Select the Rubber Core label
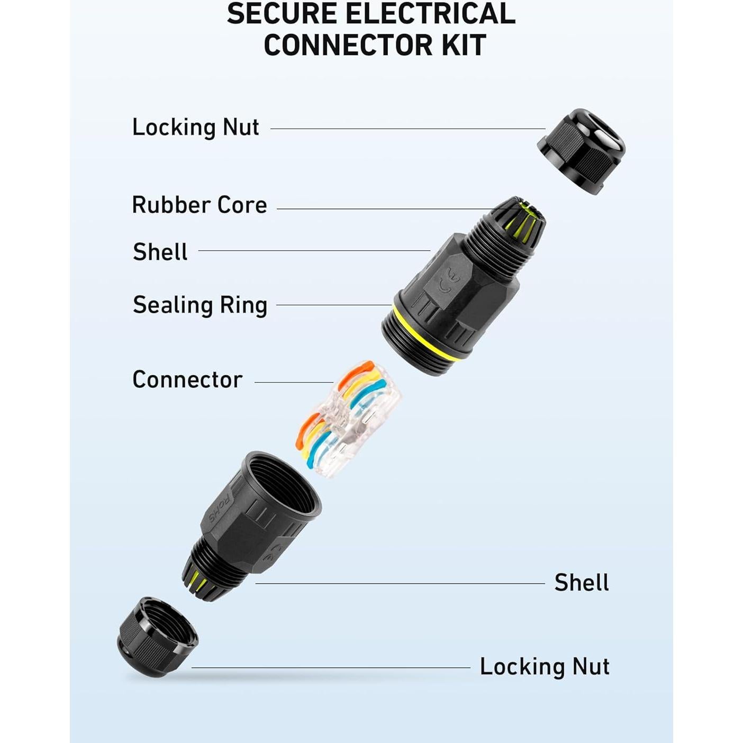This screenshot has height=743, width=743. [x=200, y=205]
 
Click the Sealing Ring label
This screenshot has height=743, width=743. [x=200, y=305]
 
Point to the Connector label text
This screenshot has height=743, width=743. [x=187, y=379]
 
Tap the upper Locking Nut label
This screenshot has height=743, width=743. [x=195, y=127]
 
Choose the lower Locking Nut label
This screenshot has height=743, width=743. [x=545, y=666]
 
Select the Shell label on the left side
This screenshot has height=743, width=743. [x=160, y=252]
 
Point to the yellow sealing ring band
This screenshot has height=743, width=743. [x=426, y=334]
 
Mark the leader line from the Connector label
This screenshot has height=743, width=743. [x=294, y=383]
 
